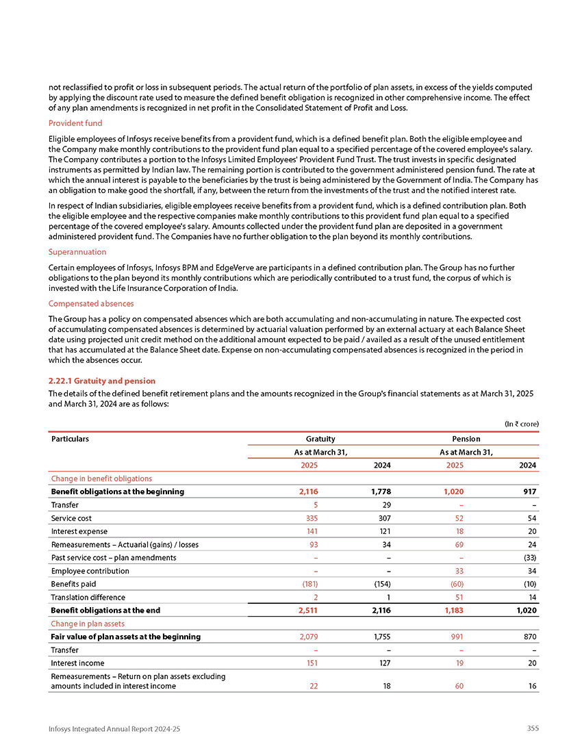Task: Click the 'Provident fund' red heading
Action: tap(75, 123)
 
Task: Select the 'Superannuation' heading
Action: tap(77, 252)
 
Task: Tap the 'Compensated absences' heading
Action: tap(91, 303)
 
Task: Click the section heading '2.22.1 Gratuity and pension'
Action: tap(102, 381)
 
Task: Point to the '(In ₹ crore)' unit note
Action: tap(522, 424)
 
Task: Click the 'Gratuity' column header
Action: tap(320, 439)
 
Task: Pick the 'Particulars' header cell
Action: tap(71, 439)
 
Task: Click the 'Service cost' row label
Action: tap(71, 518)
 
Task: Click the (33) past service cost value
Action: tap(529, 558)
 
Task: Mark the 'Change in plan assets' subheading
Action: tap(89, 624)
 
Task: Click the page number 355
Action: tap(531, 728)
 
